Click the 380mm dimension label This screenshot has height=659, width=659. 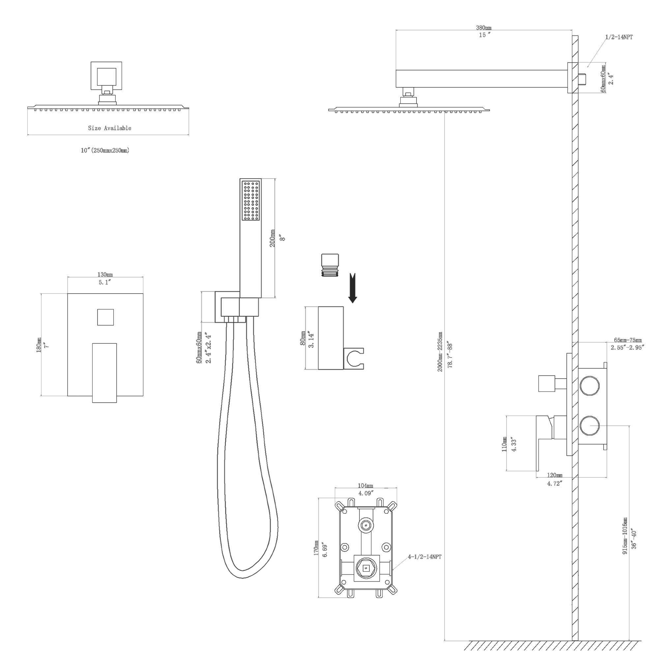(484, 28)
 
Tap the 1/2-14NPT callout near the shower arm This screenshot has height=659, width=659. (619, 37)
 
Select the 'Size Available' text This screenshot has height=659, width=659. (109, 128)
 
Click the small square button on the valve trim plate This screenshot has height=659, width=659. (105, 317)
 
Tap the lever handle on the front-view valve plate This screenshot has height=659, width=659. (104, 372)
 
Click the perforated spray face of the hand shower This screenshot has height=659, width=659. (250, 201)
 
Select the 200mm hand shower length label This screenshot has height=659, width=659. (273, 238)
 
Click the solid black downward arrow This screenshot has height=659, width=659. (353, 288)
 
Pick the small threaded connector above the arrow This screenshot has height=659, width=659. (330, 265)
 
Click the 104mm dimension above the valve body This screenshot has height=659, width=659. (365, 486)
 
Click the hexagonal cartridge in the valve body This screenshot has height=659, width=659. (366, 568)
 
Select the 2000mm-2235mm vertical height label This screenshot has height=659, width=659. (440, 351)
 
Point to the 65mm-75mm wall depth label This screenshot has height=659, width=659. (628, 340)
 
